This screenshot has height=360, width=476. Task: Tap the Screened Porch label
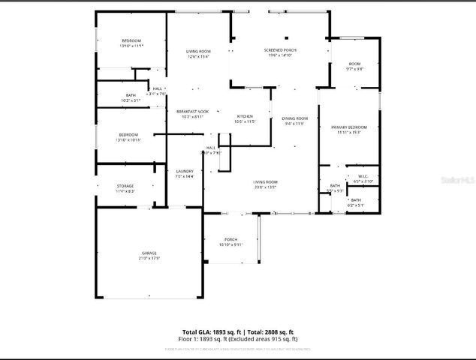[x=280, y=50]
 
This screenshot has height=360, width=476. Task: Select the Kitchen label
[x=245, y=116]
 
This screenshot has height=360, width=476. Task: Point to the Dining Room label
[x=295, y=118]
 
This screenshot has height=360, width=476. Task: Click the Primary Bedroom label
[x=349, y=127]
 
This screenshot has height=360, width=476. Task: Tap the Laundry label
[x=184, y=172]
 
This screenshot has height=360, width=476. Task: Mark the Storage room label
[x=125, y=186]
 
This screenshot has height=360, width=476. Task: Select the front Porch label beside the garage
[x=230, y=239]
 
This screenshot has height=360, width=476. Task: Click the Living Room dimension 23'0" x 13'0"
[x=265, y=187]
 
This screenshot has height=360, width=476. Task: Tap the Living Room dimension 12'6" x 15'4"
[x=197, y=55]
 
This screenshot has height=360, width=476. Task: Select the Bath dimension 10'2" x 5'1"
[x=131, y=100]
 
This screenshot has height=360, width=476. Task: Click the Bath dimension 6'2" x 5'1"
[x=355, y=204]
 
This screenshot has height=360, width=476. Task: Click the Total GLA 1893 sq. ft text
[x=212, y=331]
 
